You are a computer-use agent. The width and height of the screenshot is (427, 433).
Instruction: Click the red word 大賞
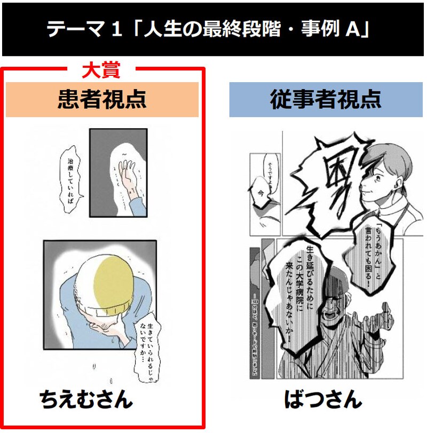click(x=101, y=70)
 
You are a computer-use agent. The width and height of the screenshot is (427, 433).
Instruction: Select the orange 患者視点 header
click(x=102, y=99)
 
